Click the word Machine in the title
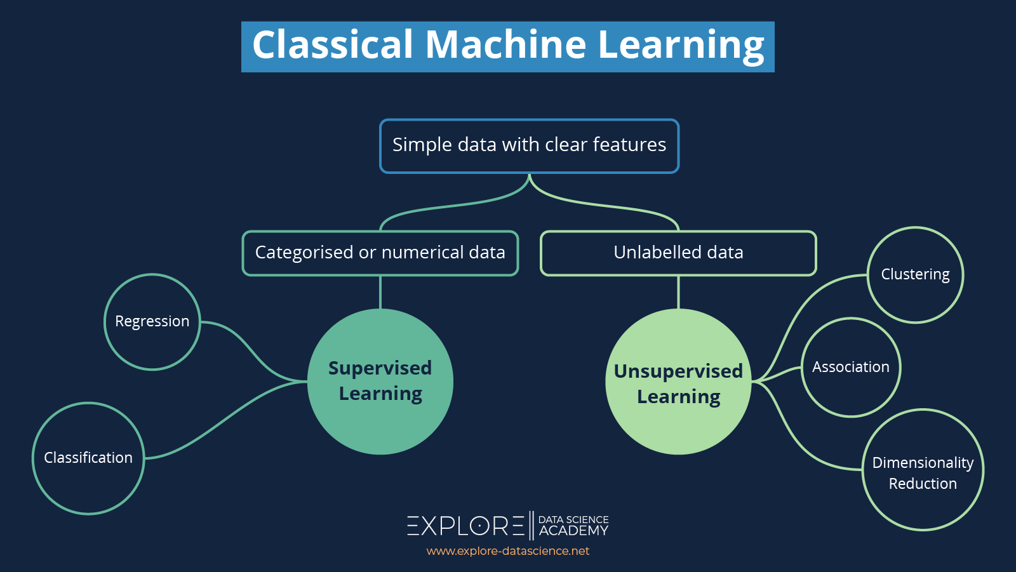(x=505, y=46)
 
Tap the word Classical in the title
(x=333, y=46)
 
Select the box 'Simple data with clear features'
(x=529, y=145)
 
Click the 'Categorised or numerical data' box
(x=380, y=253)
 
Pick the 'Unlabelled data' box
(x=678, y=253)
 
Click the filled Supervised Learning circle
(x=380, y=381)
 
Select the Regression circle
(x=152, y=322)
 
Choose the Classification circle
(x=88, y=458)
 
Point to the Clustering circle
(x=915, y=275)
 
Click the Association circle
(x=850, y=367)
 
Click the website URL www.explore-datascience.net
(x=508, y=551)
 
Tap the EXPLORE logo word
(x=466, y=526)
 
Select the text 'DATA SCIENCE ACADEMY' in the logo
(x=573, y=526)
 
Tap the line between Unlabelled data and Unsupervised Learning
(x=678, y=292)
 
